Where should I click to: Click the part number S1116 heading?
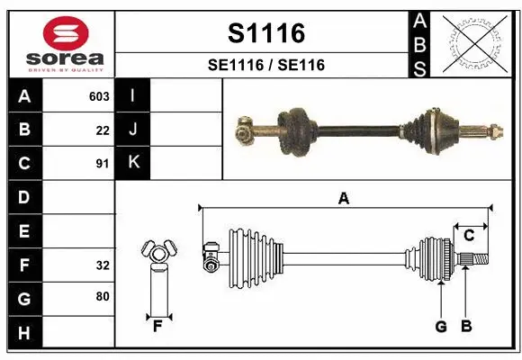tap(265, 34)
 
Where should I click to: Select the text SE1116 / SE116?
tap(265, 65)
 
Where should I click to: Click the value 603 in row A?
tap(99, 96)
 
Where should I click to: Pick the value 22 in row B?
tap(103, 130)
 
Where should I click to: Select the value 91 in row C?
tap(103, 164)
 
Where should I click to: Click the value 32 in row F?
tap(103, 265)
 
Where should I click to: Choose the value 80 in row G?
tap(103, 295)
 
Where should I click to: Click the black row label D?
tap(24, 197)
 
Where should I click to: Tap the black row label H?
tap(24, 333)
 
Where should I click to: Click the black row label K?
tap(133, 163)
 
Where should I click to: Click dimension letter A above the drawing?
tap(343, 199)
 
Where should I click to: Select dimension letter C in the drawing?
tap(469, 236)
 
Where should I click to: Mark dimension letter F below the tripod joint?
tap(157, 326)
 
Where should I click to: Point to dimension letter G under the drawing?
tap(441, 326)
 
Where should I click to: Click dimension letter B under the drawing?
tap(465, 326)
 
